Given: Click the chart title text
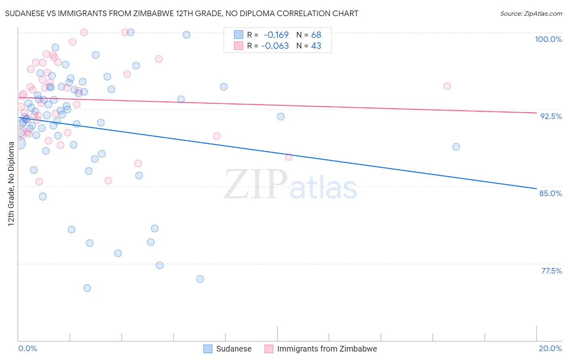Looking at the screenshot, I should tap(181, 13).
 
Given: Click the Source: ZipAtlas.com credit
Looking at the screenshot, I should tap(531, 13).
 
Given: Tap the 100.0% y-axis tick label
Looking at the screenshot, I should tap(548, 39).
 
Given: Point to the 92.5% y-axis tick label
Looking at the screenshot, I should tap(551, 116).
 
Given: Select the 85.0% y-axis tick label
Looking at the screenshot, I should tap(550, 193).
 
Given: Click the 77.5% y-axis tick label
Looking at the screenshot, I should tap(551, 271).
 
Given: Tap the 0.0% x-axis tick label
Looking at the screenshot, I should tap(28, 348).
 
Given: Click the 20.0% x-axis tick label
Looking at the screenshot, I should tap(550, 348).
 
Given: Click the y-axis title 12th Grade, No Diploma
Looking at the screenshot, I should tap(11, 184).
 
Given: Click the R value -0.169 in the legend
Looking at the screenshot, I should tap(276, 35).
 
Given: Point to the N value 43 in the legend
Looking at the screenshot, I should tap(316, 46).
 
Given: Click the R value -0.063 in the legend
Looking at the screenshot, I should tap(275, 46).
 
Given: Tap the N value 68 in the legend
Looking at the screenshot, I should tap(316, 35).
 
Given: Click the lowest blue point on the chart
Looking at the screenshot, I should tap(87, 288).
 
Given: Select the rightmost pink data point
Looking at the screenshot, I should tap(447, 86).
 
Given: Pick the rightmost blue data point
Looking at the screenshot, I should tap(456, 147).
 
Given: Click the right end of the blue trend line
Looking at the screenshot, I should tap(536, 188).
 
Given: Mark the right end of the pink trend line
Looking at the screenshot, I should tap(536, 113).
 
